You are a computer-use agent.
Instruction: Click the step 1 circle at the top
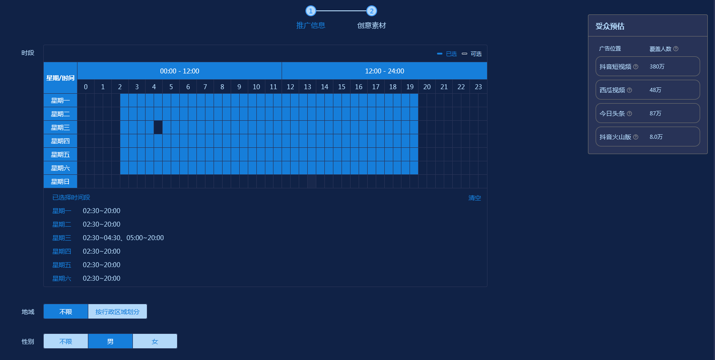pos(310,11)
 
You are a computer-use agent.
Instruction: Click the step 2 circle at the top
pos(371,11)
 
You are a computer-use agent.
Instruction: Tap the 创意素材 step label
pos(372,26)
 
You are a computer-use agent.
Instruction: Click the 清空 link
pos(475,198)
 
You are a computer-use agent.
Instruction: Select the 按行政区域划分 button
pos(118,311)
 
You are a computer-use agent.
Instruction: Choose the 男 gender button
pos(110,341)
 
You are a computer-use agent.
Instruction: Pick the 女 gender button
pos(155,341)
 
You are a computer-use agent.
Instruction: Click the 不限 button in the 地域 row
pos(66,311)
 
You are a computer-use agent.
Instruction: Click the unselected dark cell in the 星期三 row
pos(158,128)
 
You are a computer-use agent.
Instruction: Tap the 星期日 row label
pos(60,182)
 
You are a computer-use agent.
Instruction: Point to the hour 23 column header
pos(478,87)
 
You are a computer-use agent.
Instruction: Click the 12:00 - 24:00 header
pos(384,71)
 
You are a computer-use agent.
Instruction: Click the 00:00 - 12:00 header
pos(179,71)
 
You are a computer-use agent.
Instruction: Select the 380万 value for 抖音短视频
pos(657,66)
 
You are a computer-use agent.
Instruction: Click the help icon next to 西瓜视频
pos(629,90)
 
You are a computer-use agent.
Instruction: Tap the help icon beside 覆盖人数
pos(676,49)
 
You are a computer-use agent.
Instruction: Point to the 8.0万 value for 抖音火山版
pos(656,137)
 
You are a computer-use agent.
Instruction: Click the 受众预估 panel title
pos(610,26)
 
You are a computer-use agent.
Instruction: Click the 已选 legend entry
pos(447,54)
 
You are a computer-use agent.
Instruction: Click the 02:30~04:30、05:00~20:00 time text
pos(123,238)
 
